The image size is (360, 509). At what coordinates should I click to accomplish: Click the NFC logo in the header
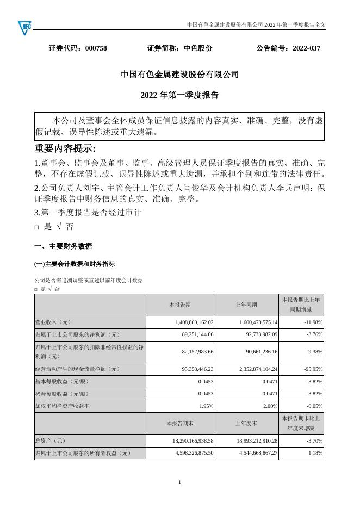(x=26, y=26)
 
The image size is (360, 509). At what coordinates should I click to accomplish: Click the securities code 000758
(x=96, y=48)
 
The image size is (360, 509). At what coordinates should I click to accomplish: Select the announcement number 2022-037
(x=306, y=48)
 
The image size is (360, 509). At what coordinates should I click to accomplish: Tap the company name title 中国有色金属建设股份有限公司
(x=179, y=75)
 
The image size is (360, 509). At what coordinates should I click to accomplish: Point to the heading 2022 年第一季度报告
(x=179, y=95)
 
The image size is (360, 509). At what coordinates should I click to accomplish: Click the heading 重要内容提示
(x=65, y=149)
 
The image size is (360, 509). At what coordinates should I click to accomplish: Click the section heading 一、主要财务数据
(x=63, y=246)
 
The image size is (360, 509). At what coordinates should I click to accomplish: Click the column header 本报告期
(x=180, y=305)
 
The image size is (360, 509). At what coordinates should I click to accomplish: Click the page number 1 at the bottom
(x=180, y=482)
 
